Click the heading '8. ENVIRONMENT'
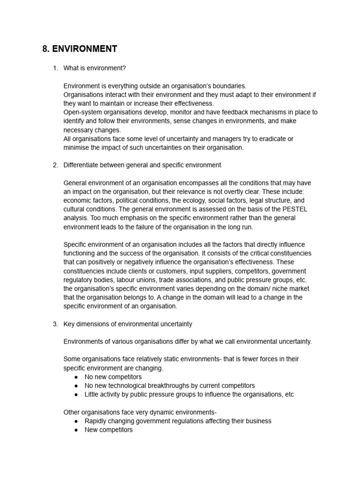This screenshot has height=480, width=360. coord(80,49)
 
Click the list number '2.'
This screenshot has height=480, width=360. coord(55,165)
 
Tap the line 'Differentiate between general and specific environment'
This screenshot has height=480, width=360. coord(142,165)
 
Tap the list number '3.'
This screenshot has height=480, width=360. coord(55,324)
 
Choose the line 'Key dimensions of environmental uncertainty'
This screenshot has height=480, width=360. coord(127,324)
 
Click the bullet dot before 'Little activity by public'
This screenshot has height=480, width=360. coord(76,394)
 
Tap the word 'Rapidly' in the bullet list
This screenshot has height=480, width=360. coord(96,421)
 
